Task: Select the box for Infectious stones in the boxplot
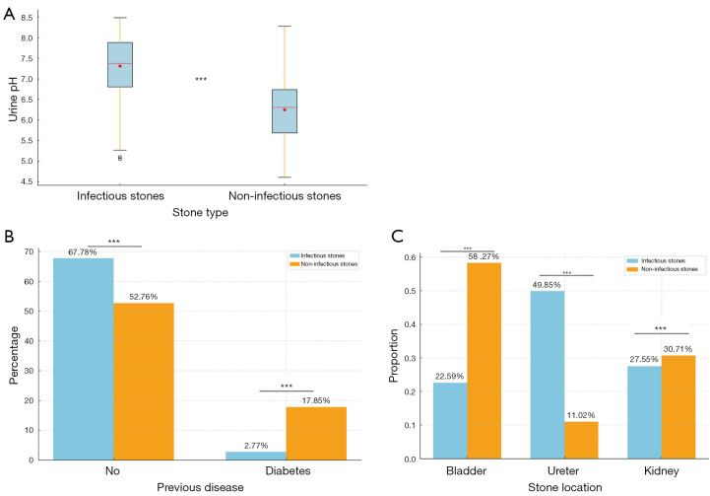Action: tap(119, 65)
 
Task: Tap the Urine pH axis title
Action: tap(13, 99)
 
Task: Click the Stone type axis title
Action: tap(201, 212)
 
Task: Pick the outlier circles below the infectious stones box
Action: tap(119, 157)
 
